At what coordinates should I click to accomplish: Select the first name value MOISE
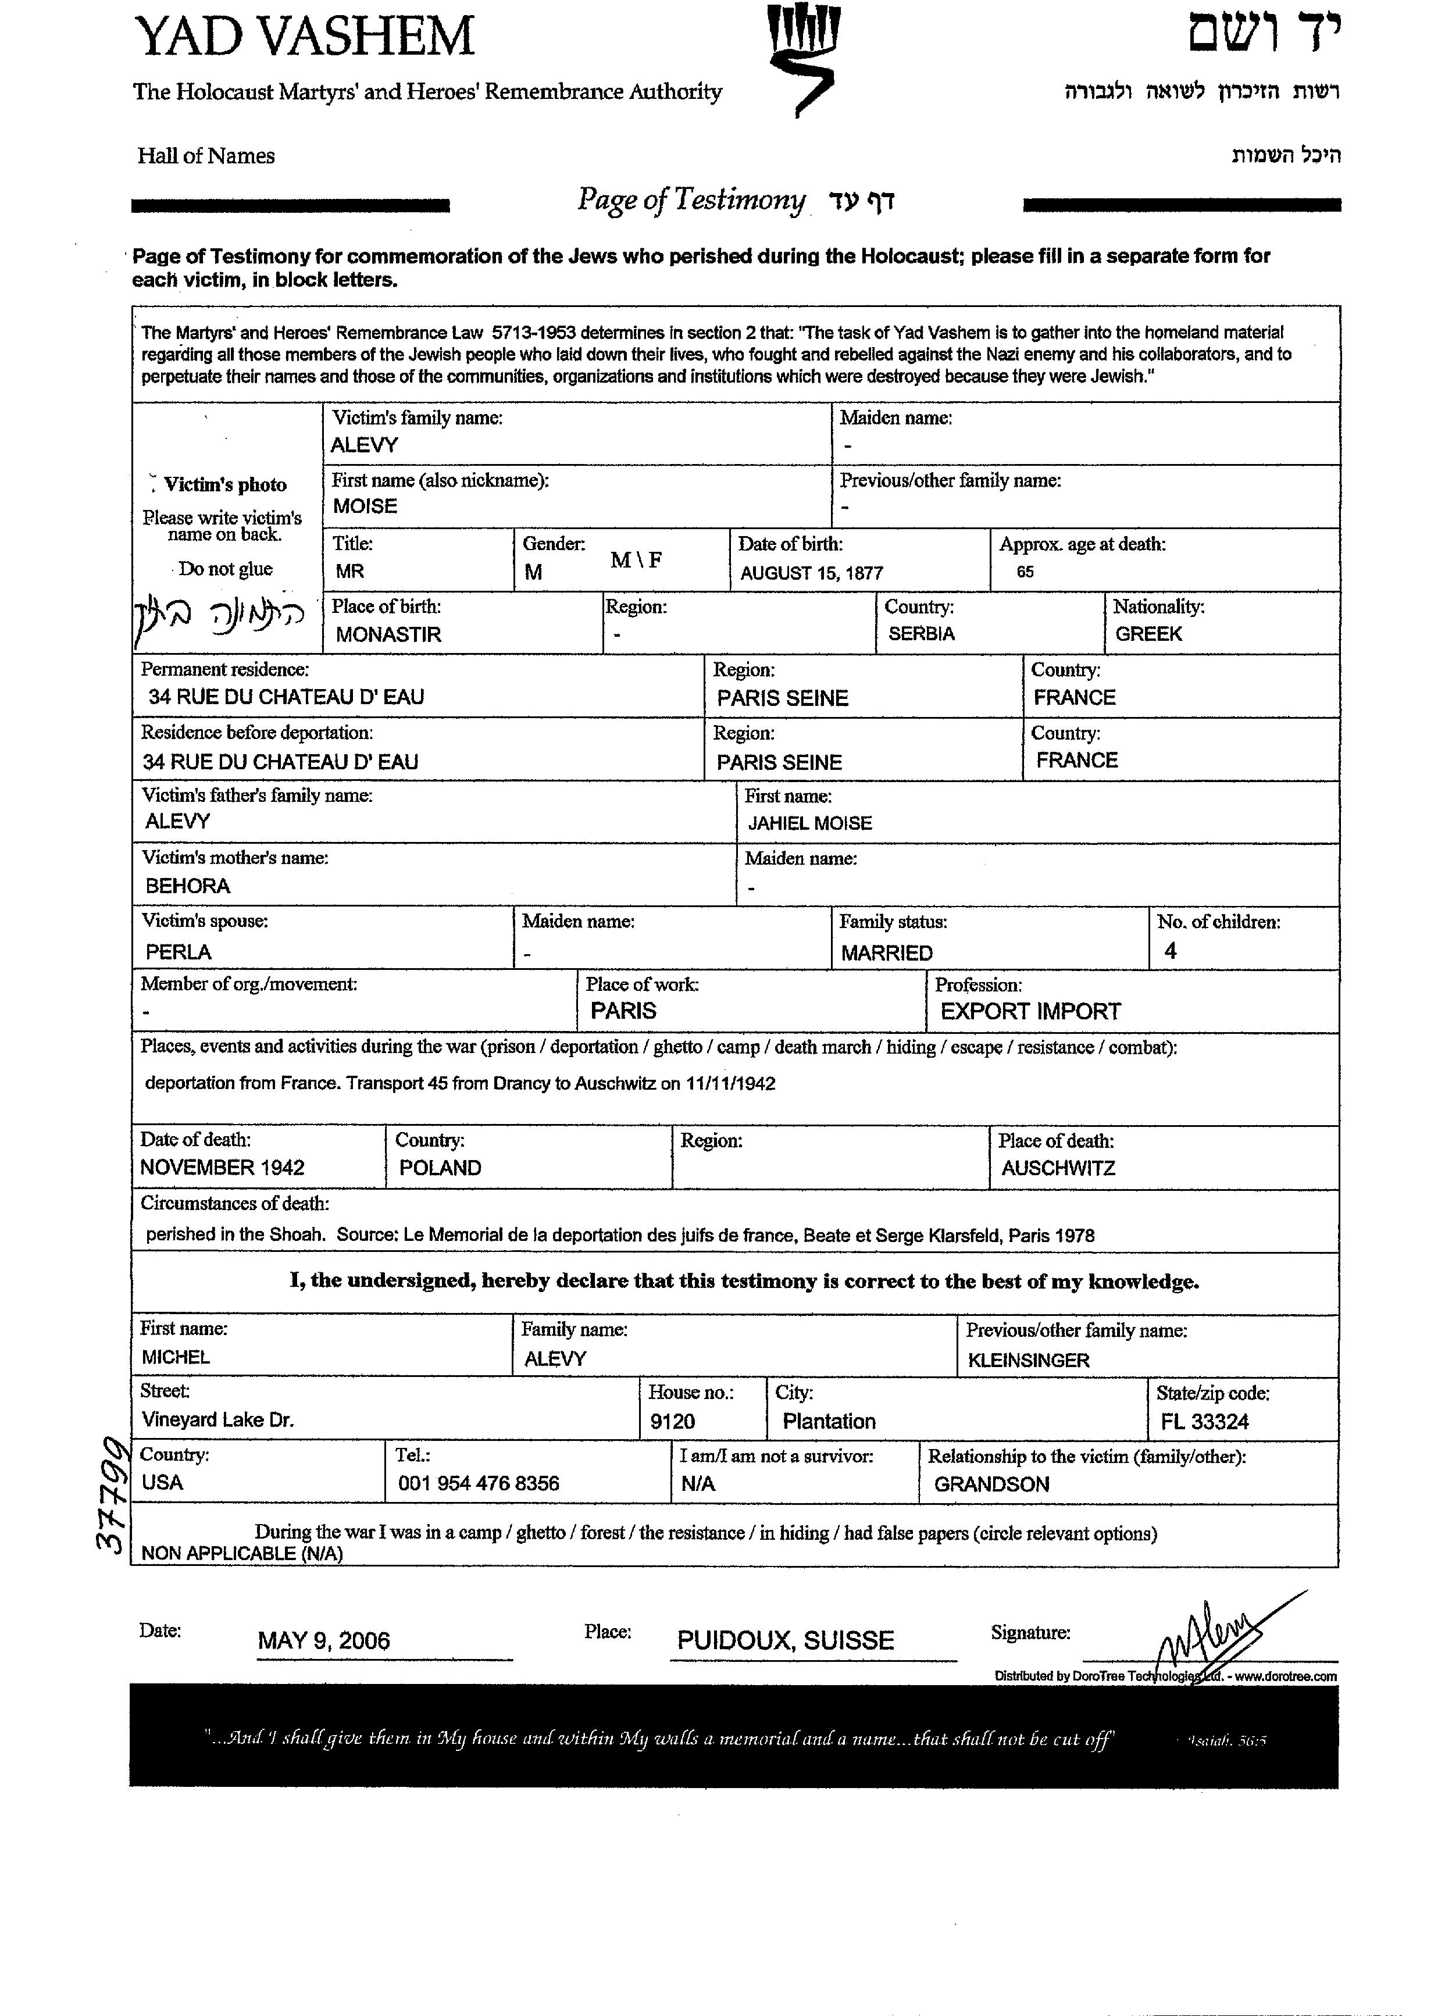[x=365, y=506]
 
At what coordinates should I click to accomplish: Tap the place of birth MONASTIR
[x=388, y=634]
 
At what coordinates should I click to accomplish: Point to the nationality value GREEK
[x=1148, y=634]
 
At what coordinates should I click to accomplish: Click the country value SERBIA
[x=920, y=634]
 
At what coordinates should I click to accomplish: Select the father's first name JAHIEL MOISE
[x=809, y=823]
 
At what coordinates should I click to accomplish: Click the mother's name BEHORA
[x=187, y=886]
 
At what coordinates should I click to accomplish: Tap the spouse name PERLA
[x=179, y=952]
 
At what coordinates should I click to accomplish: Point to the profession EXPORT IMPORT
[x=1030, y=1012]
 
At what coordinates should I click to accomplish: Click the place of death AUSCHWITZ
[x=1058, y=1168]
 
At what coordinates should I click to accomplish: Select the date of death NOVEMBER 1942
[x=222, y=1168]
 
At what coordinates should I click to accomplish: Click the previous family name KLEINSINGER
[x=1028, y=1361]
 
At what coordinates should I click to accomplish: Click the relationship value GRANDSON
[x=991, y=1485]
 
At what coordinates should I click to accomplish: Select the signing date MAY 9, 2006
[x=323, y=1641]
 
